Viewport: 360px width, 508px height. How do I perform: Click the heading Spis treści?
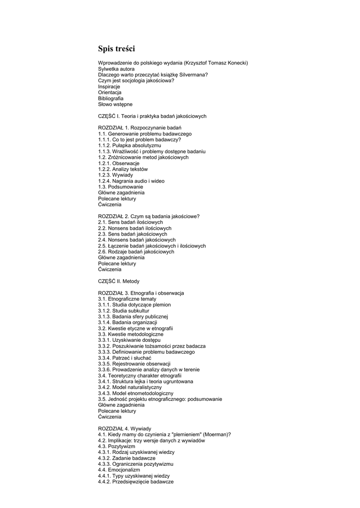(116, 49)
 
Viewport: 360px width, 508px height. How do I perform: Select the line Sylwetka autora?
(116, 69)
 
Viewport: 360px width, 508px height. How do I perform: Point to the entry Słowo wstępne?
(115, 105)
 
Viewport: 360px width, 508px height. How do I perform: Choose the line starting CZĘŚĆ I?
(152, 116)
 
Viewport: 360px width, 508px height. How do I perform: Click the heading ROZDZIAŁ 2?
(149, 216)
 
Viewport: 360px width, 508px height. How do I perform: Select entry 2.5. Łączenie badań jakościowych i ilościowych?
(151, 246)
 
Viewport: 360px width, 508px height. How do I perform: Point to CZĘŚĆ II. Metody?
(119, 281)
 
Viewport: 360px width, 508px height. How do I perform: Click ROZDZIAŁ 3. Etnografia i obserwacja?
(141, 293)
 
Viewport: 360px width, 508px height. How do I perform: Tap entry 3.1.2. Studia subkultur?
(124, 311)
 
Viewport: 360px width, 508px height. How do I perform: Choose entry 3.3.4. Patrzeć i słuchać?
(125, 358)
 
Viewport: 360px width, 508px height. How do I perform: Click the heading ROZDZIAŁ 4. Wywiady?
(125, 429)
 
